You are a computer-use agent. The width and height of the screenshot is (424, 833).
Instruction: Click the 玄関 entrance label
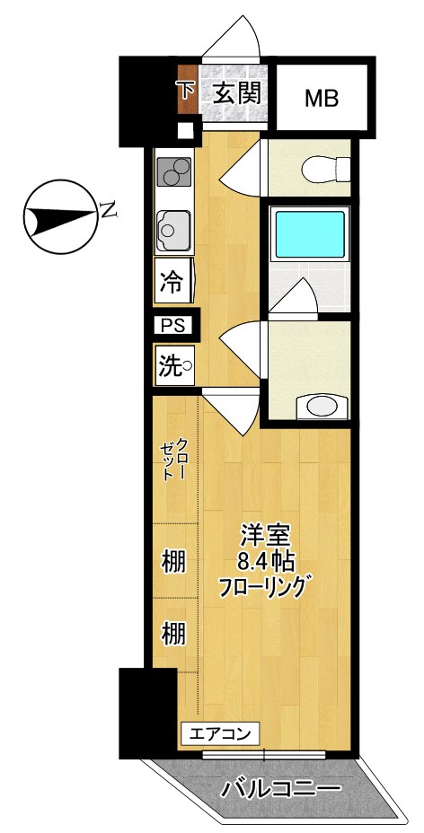(237, 92)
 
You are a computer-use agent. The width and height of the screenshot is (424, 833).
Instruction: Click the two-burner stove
(174, 170)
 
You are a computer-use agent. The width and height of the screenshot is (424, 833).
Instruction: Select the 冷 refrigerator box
(171, 284)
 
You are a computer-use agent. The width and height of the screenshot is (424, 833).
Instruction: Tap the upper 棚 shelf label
(173, 563)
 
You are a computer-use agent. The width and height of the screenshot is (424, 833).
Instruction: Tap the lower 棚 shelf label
(173, 634)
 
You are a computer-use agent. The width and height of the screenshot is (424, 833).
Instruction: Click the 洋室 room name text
(263, 536)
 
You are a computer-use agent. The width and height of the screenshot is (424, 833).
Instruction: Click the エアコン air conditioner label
(221, 732)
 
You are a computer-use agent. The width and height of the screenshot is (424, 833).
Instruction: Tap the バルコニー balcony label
(281, 789)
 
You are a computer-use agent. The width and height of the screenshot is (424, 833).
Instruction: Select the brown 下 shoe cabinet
(187, 92)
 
